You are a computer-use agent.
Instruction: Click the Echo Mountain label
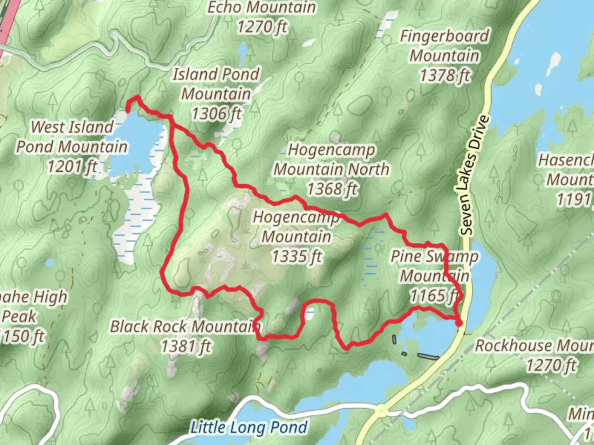[x=262, y=7]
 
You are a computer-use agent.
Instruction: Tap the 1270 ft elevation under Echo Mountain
[x=262, y=27]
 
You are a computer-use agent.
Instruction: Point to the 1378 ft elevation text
[x=445, y=75]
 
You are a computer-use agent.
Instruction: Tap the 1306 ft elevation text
[x=216, y=113]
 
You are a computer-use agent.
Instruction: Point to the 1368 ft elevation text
[x=332, y=189]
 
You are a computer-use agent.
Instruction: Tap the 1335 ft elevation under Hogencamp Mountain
[x=296, y=256]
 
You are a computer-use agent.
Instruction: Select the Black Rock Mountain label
[x=185, y=326]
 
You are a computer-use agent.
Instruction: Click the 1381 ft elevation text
[x=186, y=346]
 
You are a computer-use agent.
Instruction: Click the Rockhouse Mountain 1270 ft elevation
[x=551, y=365]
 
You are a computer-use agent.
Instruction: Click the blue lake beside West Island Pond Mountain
[x=136, y=144]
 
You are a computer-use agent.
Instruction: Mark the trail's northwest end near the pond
[x=128, y=110]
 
